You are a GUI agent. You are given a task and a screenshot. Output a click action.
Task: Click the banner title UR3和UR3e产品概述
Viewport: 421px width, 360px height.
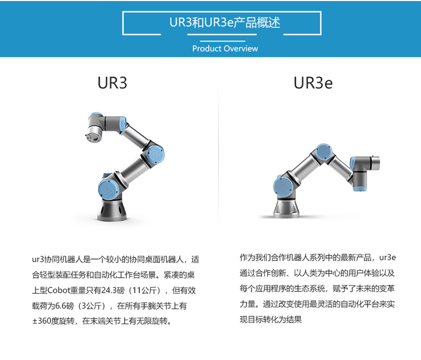coord(225,22)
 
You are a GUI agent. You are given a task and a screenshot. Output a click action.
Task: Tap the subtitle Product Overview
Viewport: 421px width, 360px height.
coord(225,49)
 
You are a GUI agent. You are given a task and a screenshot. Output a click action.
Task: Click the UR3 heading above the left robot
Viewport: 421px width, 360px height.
coord(112,83)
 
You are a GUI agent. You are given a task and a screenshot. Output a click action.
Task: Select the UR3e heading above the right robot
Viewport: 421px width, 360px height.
coord(313,83)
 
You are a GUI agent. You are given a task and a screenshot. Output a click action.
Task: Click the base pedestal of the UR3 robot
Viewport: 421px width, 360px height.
coord(112,210)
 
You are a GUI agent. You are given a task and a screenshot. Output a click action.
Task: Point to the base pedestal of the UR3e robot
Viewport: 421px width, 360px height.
coord(286,209)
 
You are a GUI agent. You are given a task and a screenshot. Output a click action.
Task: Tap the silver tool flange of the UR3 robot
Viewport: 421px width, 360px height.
coord(93,136)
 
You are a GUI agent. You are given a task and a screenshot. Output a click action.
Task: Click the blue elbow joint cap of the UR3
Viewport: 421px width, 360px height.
coord(155,155)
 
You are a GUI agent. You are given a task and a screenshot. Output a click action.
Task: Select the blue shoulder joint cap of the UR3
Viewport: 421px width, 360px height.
coord(108,189)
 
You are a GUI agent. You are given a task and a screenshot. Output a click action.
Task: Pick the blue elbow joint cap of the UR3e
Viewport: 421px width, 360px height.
coord(324,151)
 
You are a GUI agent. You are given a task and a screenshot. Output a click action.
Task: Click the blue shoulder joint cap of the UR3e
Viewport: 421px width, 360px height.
coord(283,185)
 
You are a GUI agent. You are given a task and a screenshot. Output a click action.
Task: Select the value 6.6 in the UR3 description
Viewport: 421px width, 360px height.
coord(61,306)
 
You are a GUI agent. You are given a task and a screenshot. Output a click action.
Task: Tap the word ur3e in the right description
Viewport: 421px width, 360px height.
coord(387,258)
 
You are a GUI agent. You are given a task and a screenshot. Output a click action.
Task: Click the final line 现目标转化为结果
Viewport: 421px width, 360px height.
coord(271,319)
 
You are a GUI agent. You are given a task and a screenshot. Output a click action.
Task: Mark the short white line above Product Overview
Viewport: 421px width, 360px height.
coord(223,41)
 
